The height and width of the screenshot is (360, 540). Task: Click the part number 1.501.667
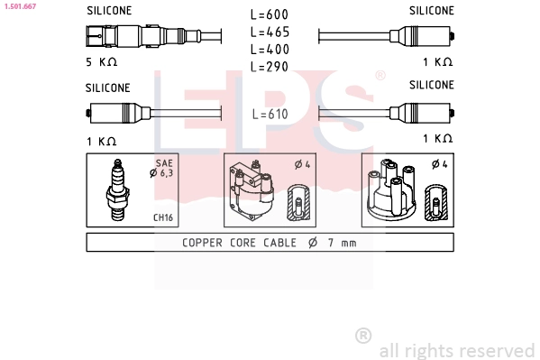pos(19,5)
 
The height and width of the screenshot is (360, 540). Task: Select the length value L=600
pos(270,14)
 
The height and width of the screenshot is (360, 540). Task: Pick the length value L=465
pos(270,32)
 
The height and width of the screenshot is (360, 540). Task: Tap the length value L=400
pos(270,49)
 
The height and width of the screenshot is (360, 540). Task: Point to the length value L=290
pos(270,66)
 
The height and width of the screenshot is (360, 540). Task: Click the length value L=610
pos(270,114)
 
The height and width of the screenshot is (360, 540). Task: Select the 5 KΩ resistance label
pos(101,62)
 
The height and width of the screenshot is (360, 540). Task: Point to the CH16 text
pos(163,217)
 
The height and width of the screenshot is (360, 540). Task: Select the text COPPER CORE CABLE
pos(239,243)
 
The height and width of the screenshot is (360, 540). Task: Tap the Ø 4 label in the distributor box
pos(439,163)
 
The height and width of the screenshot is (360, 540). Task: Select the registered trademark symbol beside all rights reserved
pos(363,336)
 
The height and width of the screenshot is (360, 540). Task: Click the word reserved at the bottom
pos(497,350)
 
